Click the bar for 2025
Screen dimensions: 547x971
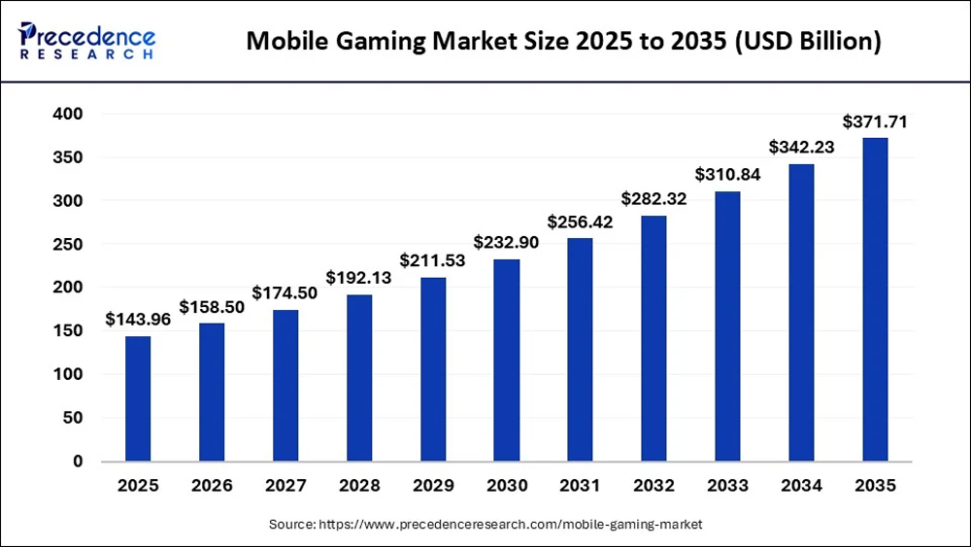point(138,398)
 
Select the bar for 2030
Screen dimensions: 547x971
point(507,359)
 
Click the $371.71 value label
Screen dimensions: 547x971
point(874,122)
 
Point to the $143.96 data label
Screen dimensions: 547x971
point(138,320)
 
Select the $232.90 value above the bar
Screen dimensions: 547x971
point(506,242)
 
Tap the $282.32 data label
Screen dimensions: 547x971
point(653,199)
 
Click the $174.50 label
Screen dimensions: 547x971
point(285,292)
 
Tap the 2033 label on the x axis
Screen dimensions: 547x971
point(727,486)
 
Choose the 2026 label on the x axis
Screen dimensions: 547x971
point(212,486)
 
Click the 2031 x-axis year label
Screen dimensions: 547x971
point(580,486)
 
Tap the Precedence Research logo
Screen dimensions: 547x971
point(87,41)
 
